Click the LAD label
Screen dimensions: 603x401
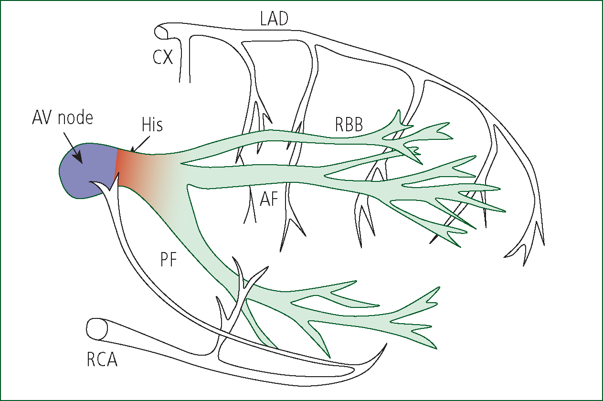(274, 19)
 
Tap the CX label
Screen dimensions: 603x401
(163, 57)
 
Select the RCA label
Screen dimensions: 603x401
(102, 359)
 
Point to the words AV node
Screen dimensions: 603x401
(63, 118)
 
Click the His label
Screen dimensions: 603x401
(152, 125)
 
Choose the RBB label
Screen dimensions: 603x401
(349, 124)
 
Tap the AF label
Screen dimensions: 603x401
(269, 199)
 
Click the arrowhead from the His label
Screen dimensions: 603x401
(132, 149)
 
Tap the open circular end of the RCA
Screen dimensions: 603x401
(96, 329)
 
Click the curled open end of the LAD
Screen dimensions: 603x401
(161, 32)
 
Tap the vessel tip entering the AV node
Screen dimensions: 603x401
(91, 182)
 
